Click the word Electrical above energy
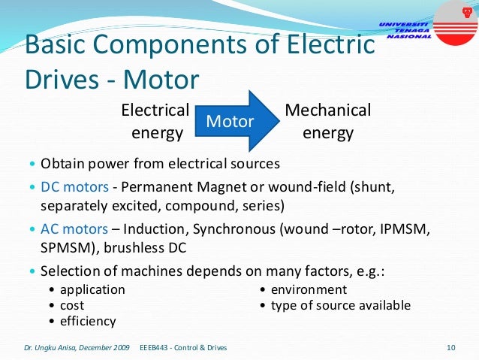click(x=155, y=110)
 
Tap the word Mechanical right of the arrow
click(x=328, y=110)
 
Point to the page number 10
click(x=450, y=347)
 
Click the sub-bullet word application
click(x=92, y=289)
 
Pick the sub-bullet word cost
click(x=72, y=305)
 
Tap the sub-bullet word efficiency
click(x=88, y=321)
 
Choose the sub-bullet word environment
click(x=309, y=289)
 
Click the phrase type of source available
click(x=340, y=305)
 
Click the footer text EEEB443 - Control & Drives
click(x=184, y=347)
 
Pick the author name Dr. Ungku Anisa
click(x=53, y=347)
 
